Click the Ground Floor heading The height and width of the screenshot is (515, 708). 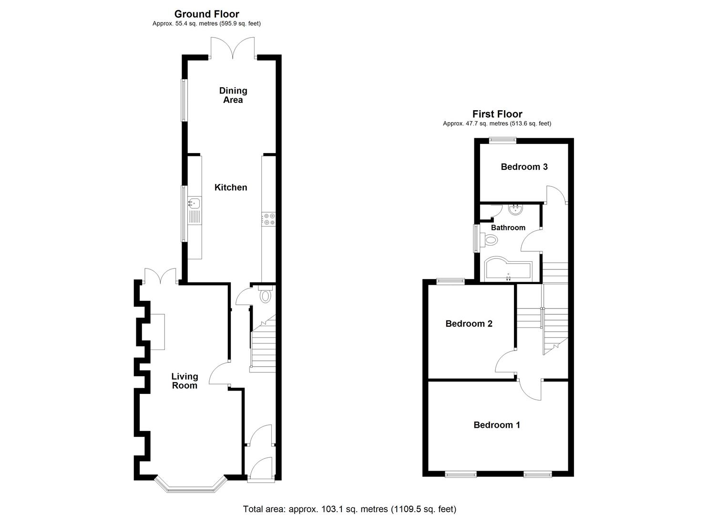tap(206, 14)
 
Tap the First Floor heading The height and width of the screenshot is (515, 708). tap(497, 114)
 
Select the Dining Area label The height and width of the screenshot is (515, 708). tap(233, 95)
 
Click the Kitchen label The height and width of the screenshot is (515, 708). tap(231, 187)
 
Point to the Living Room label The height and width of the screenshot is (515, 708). tap(185, 381)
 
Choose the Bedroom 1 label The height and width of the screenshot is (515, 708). tap(496, 425)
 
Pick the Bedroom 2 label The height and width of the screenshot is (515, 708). tap(469, 324)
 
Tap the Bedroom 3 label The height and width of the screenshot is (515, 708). tap(524, 167)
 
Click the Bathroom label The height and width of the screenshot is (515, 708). tap(508, 228)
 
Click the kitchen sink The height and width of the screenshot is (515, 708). tap(194, 204)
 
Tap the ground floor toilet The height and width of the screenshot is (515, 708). tap(265, 295)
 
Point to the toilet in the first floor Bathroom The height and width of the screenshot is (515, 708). tap(489, 240)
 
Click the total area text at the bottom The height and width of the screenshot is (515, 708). tap(349, 509)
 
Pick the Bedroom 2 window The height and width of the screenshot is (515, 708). tap(451, 281)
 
